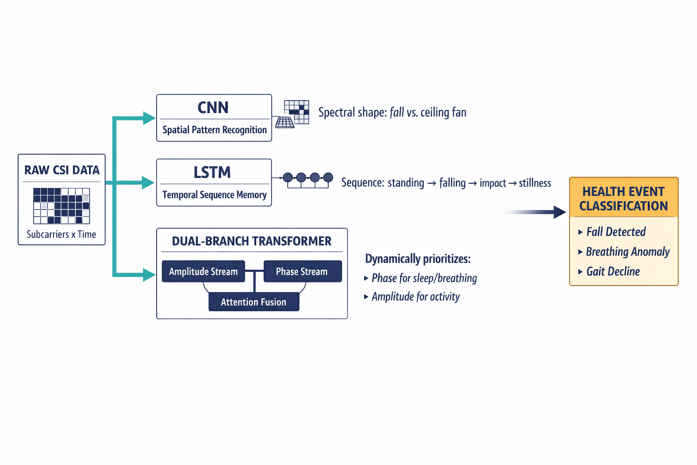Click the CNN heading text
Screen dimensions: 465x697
click(213, 108)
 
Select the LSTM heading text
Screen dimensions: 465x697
click(212, 173)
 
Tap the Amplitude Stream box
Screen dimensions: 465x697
click(203, 272)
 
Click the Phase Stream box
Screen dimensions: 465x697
click(302, 272)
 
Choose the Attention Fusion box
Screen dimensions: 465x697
click(254, 302)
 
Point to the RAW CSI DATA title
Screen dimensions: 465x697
click(62, 170)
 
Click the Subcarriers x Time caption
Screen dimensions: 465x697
click(61, 234)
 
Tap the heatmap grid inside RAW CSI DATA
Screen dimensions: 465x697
click(61, 206)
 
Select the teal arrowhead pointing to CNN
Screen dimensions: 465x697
click(149, 118)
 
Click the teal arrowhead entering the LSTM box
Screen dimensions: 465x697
click(148, 183)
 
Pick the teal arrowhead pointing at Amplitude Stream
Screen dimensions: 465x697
click(149, 275)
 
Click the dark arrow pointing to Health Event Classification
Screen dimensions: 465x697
click(559, 212)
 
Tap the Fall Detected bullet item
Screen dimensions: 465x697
click(615, 232)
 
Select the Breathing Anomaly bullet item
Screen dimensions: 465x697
click(627, 252)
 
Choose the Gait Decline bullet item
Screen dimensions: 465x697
click(613, 272)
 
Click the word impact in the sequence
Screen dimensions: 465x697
click(492, 183)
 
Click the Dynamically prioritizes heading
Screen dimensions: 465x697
click(417, 259)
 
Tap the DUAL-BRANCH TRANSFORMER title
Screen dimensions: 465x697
click(251, 241)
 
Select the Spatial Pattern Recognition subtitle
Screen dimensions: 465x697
click(214, 130)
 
